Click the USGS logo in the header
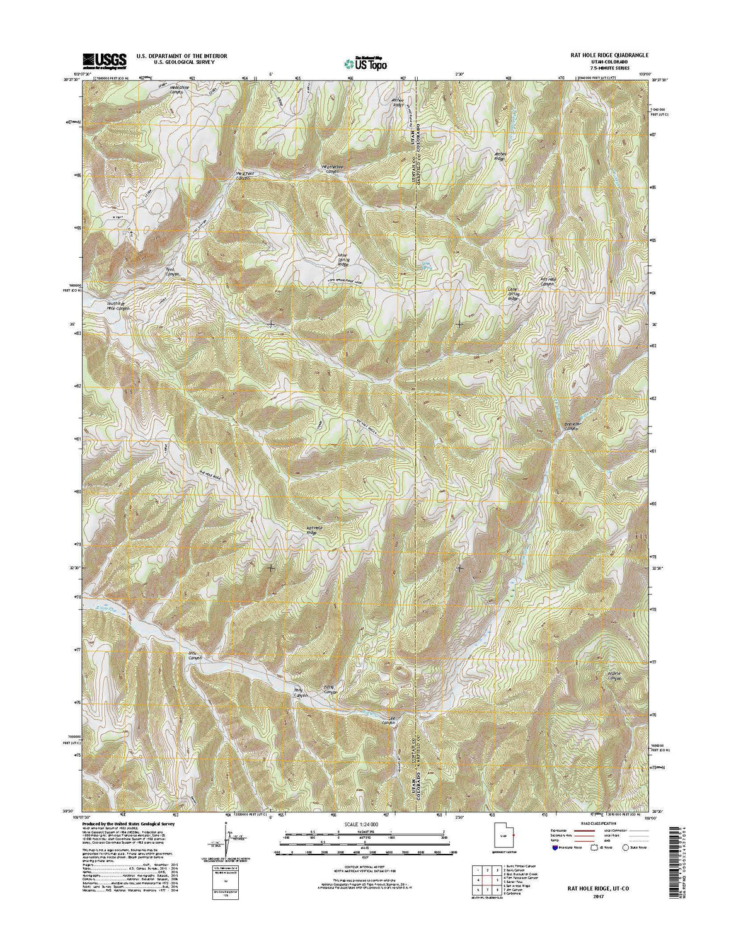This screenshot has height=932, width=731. pyautogui.click(x=104, y=59)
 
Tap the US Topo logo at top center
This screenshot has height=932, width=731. pyautogui.click(x=365, y=62)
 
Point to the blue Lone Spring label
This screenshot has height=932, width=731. pyautogui.click(x=428, y=267)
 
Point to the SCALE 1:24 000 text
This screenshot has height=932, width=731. pyautogui.click(x=365, y=824)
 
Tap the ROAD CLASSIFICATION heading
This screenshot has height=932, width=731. pyautogui.click(x=594, y=824)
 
